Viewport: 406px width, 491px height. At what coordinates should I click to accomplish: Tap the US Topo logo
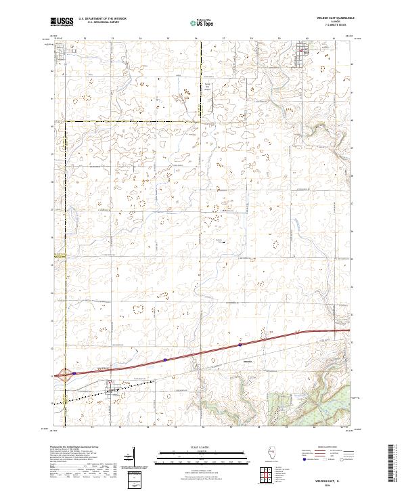tap(204, 22)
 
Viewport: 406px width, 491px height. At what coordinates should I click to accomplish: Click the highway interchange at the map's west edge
tap(64, 374)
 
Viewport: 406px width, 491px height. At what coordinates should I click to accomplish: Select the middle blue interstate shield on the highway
tap(164, 360)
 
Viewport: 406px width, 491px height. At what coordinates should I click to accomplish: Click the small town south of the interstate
tap(110, 387)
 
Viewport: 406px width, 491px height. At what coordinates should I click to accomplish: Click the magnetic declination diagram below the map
tap(139, 467)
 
